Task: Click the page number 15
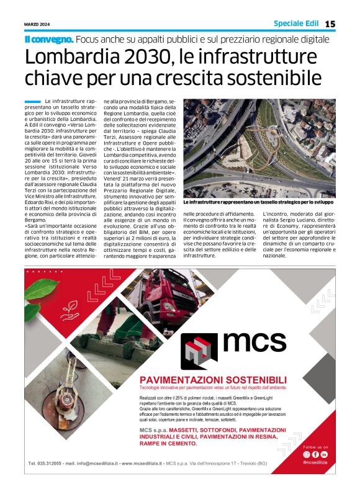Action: pos(330,24)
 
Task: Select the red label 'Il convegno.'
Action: pos(48,39)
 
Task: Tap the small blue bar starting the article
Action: pos(32,101)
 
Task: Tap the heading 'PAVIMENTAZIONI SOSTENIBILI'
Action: pos(213,380)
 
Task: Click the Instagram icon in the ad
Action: pos(306,455)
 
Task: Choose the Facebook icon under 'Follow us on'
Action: pos(315,455)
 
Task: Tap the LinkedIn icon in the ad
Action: pos(324,455)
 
